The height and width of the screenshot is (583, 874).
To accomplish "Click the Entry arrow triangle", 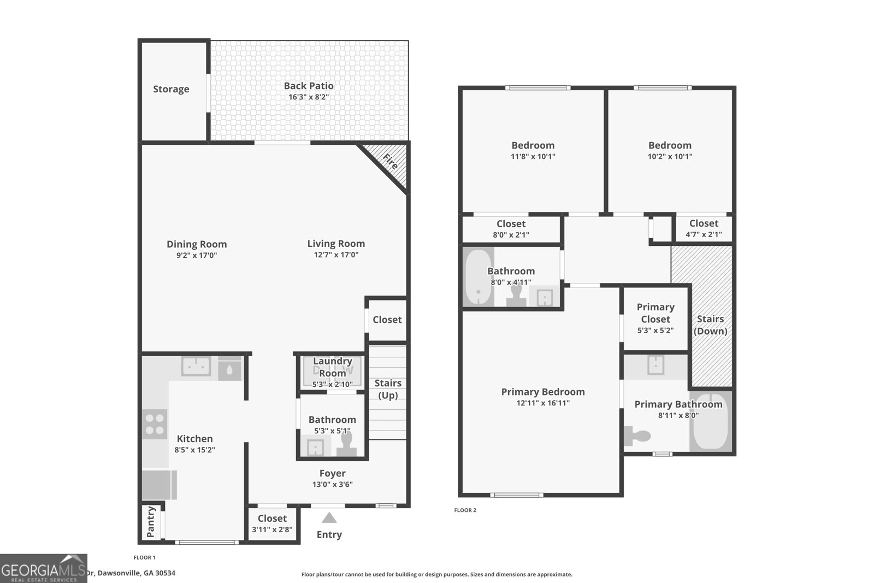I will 329,517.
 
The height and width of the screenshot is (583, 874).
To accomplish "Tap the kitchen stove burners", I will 155,424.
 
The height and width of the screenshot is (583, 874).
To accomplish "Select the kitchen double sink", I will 196,366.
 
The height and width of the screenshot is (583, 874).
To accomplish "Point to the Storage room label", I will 171,89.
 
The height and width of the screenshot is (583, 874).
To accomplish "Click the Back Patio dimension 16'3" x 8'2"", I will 309,97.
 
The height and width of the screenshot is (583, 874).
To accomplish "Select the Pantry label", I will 151,522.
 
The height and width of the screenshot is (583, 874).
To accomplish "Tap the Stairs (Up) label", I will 388,389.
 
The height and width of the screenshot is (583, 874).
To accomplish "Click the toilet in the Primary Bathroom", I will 638,436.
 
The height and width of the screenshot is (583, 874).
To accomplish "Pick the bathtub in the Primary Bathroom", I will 710,422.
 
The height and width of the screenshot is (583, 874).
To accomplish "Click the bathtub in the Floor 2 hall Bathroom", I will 479,277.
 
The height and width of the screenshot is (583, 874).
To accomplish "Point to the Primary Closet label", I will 655,313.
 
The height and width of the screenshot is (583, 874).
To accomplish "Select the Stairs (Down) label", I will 710,325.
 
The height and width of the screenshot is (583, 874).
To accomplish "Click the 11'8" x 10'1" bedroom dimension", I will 533,156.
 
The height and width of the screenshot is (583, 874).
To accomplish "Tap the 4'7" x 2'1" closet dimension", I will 704,234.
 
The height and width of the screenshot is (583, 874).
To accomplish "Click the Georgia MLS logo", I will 43,568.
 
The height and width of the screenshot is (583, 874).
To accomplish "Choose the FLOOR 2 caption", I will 465,510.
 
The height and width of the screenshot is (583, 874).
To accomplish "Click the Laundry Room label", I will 332,367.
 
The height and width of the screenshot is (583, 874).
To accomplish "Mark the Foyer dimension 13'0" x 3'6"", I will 332,484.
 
